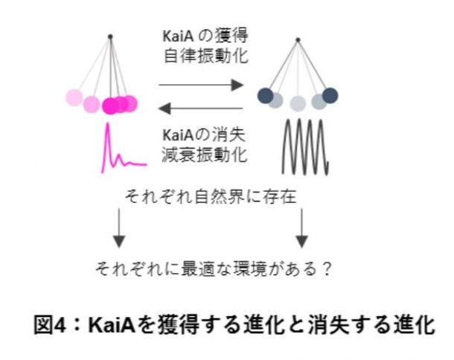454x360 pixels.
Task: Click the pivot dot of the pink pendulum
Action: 110,36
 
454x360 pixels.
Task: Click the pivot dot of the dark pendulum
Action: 298,40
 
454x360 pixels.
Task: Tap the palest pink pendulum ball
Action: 74,97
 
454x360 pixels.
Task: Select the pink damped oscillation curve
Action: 124,148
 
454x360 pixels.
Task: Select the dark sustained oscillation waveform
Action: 305,147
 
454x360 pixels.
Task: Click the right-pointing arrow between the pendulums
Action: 201,85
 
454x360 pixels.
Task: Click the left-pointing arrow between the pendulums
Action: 200,109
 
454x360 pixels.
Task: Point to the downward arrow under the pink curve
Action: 119,228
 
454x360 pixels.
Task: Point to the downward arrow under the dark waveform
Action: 301,228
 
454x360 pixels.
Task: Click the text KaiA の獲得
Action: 205,36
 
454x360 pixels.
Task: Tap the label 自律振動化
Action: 206,56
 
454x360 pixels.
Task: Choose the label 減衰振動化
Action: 205,155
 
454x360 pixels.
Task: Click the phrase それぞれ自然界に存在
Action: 211,196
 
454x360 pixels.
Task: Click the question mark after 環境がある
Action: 326,269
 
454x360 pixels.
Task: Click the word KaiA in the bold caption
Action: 112,325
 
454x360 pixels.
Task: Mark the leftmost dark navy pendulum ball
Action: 266,95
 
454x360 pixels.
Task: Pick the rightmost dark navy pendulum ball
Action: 330,95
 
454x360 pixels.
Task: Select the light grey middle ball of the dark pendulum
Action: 298,103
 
